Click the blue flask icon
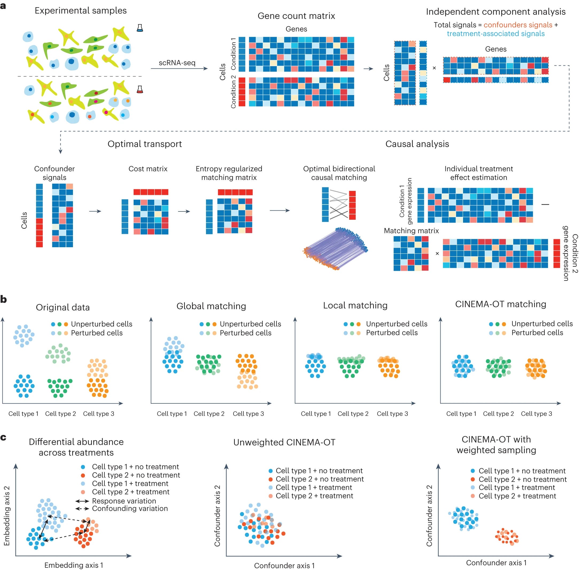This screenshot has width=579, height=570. (139, 28)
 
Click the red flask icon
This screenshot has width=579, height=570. (139, 89)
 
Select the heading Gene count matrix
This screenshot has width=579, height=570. (296, 16)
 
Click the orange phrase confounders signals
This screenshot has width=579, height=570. (518, 25)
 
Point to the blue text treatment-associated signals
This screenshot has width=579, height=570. (495, 34)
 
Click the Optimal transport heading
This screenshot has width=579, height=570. (145, 144)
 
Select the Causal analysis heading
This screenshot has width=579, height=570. (417, 144)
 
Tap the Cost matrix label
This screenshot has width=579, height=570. (148, 169)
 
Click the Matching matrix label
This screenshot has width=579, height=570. (411, 231)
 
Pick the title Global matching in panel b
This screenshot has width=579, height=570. (211, 306)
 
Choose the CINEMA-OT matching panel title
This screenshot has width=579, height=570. (500, 304)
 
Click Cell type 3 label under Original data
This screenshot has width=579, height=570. (99, 414)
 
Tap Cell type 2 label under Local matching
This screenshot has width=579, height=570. (353, 414)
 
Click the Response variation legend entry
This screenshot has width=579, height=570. (124, 501)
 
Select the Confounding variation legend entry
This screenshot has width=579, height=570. (130, 508)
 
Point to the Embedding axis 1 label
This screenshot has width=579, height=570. (74, 565)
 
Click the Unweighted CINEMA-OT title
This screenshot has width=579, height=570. (284, 442)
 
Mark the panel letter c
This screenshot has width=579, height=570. (3, 438)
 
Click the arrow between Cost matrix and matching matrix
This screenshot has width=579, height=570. (184, 211)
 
